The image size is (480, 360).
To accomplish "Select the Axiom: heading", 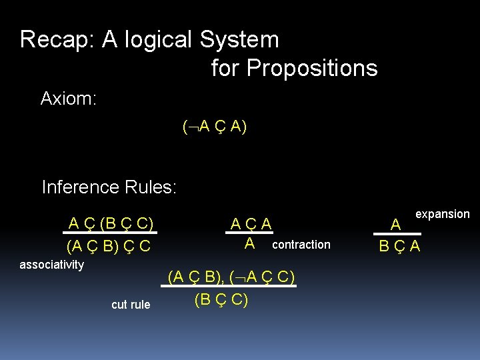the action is coord(69,99).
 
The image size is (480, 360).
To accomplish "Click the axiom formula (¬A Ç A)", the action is coord(214,127).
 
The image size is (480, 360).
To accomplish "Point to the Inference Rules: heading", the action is coord(109,187).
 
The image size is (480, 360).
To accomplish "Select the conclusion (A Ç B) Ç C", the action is coord(109,246).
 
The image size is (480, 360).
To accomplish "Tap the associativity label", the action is coord(52,265).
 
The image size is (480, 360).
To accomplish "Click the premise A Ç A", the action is coord(251,224).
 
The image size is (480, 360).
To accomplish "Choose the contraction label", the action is coord(301,245).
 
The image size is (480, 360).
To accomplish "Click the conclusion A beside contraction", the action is coord(249,243).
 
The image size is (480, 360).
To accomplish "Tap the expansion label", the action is coord(443,214).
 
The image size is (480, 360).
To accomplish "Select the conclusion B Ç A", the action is coord(399,247).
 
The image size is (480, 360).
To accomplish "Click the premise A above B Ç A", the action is coord(395,224).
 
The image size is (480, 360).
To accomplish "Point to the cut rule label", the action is coord(131,305).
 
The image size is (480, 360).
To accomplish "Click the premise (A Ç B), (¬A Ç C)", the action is coord(231,276).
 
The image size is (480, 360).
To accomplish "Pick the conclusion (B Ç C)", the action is coord(221,300).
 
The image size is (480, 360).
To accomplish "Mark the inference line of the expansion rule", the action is coord(399,234).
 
